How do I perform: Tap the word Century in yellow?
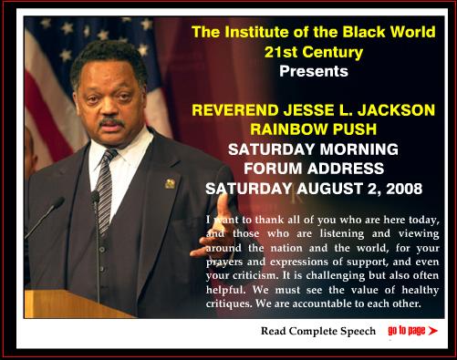[x=333, y=52]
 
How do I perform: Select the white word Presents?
[x=314, y=71]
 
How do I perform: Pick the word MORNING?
[x=358, y=149]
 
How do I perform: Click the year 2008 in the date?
[x=404, y=189]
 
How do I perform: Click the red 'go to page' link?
[x=407, y=331]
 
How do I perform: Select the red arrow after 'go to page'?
[x=433, y=331]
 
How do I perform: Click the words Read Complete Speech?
[x=318, y=331]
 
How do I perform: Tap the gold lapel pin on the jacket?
[x=170, y=184]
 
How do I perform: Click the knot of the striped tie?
[x=109, y=156]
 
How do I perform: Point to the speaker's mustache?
[x=112, y=122]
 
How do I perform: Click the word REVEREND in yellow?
[x=235, y=109]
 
